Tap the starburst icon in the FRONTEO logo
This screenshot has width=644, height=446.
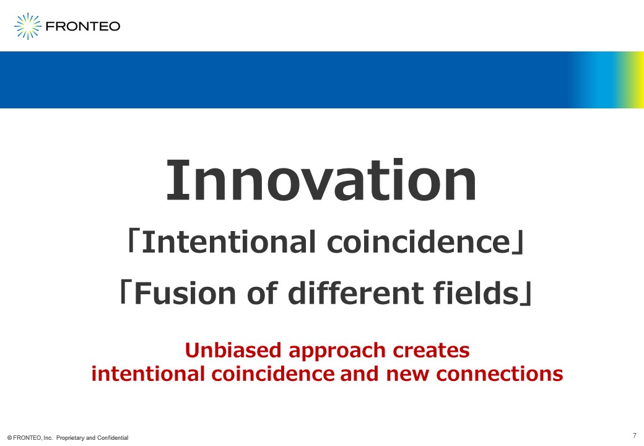click(28, 26)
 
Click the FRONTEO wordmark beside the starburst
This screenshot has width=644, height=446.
click(83, 26)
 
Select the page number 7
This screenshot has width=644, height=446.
click(635, 435)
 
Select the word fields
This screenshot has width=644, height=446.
click(476, 292)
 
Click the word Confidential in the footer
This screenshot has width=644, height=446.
click(113, 438)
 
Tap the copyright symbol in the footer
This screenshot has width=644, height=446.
click(9, 438)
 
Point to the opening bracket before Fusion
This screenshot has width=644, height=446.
click(124, 292)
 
